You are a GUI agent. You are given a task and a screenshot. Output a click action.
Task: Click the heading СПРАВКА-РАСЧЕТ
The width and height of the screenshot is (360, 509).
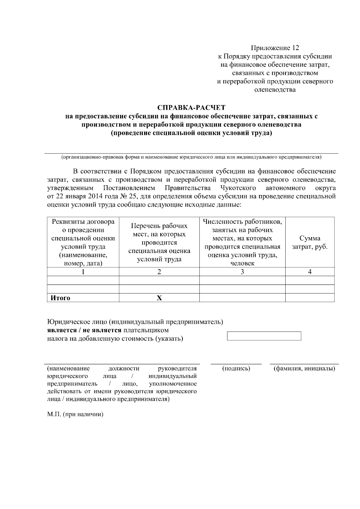point(191,107)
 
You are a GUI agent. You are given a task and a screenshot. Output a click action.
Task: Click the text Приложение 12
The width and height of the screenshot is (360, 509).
point(275,48)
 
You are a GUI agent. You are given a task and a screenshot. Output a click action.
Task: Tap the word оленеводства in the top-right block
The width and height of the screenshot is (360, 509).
point(275,90)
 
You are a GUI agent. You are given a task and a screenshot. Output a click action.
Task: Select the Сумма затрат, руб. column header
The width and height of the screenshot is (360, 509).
point(310,242)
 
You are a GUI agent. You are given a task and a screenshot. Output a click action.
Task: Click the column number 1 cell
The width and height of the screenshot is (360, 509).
point(83,272)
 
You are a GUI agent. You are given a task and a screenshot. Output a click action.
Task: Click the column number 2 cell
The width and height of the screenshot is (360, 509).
point(159,272)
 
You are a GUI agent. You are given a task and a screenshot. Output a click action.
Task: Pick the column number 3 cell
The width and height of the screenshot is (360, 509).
point(242,272)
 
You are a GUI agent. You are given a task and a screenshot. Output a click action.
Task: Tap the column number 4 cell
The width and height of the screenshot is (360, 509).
point(310,272)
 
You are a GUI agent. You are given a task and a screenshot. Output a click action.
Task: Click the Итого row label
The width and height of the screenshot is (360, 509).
point(60,298)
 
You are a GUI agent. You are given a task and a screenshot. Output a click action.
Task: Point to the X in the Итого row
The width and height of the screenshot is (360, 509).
point(159,298)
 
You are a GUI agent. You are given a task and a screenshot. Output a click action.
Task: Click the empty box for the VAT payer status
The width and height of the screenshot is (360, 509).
point(264,336)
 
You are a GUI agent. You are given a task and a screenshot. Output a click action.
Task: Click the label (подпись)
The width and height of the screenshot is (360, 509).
point(236,368)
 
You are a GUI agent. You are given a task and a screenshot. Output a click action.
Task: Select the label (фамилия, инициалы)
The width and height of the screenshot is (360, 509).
point(304,368)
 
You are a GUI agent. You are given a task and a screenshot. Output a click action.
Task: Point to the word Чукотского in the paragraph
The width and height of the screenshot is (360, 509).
point(238,188)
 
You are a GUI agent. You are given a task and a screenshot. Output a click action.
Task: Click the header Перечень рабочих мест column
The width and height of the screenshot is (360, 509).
point(159,242)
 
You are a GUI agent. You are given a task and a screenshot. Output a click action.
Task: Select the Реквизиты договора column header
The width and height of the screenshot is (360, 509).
point(83,242)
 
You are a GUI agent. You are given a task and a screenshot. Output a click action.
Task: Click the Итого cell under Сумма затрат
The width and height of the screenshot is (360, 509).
point(310,298)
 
